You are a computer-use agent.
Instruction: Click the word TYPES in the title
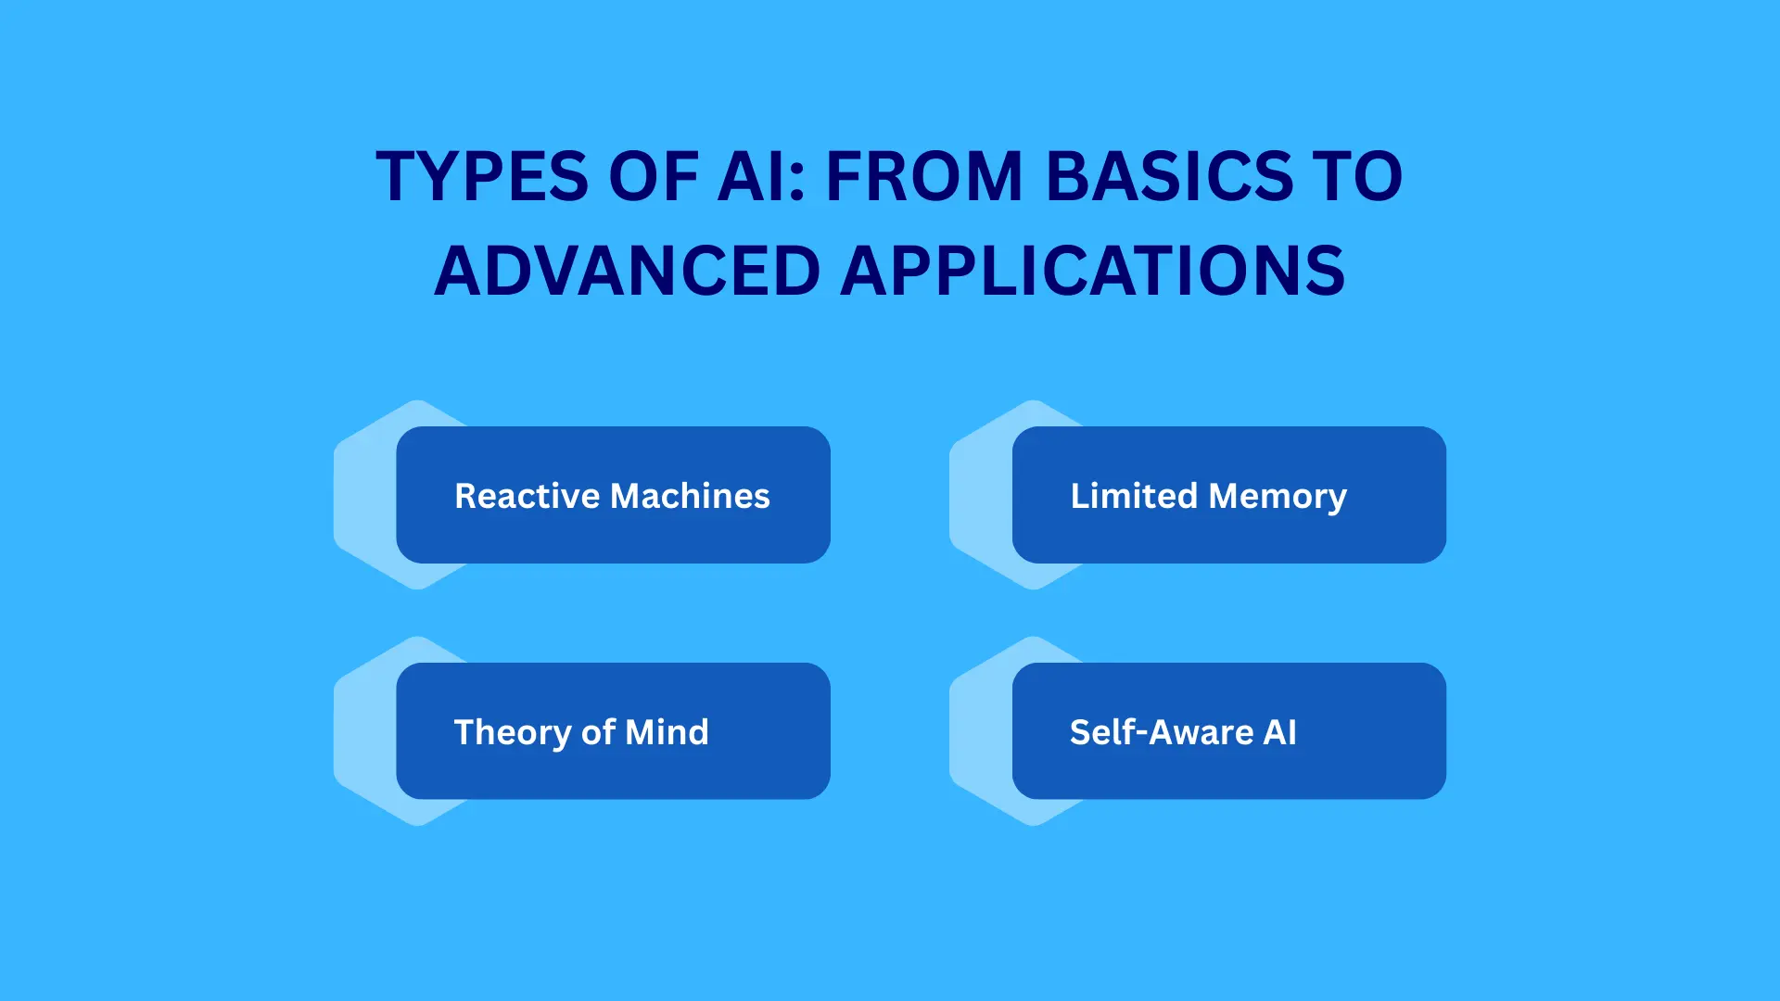click(x=481, y=176)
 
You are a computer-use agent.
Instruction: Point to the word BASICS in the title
click(x=1169, y=176)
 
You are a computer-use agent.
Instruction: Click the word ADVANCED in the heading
click(x=628, y=272)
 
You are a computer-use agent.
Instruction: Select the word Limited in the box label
click(x=1134, y=496)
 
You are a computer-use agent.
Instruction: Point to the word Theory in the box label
click(x=512, y=733)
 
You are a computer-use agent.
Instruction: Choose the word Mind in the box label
click(x=667, y=732)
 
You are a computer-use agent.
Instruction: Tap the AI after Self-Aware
click(x=1280, y=732)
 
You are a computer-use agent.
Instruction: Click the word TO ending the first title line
click(x=1363, y=176)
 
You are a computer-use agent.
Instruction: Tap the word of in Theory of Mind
click(x=598, y=732)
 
